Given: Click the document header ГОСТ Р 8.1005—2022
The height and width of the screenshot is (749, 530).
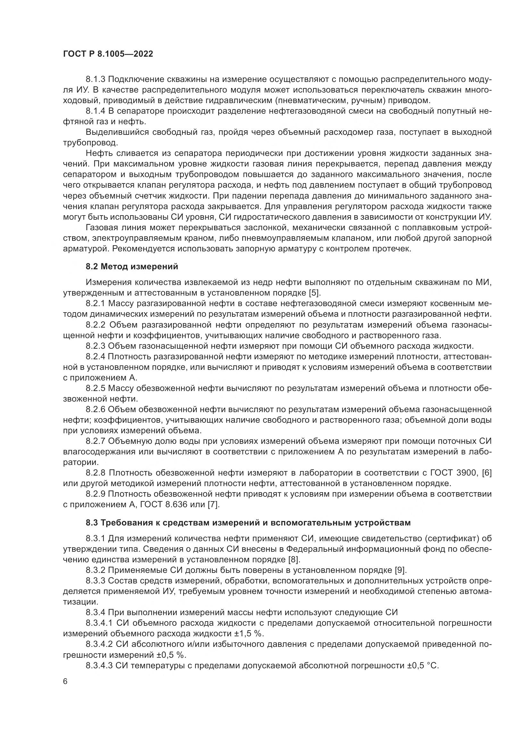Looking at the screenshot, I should [108, 54].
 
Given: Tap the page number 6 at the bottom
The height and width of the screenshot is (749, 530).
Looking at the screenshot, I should [65, 681].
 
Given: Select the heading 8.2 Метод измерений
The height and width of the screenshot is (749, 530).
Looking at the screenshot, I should [132, 266].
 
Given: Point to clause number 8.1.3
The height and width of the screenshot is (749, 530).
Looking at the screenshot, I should [95, 79].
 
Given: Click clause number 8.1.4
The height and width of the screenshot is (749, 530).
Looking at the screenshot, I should [95, 111].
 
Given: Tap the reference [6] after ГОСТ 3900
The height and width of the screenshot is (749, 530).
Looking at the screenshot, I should [487, 473].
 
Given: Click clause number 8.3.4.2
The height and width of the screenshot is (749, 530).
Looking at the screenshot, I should [99, 644].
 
